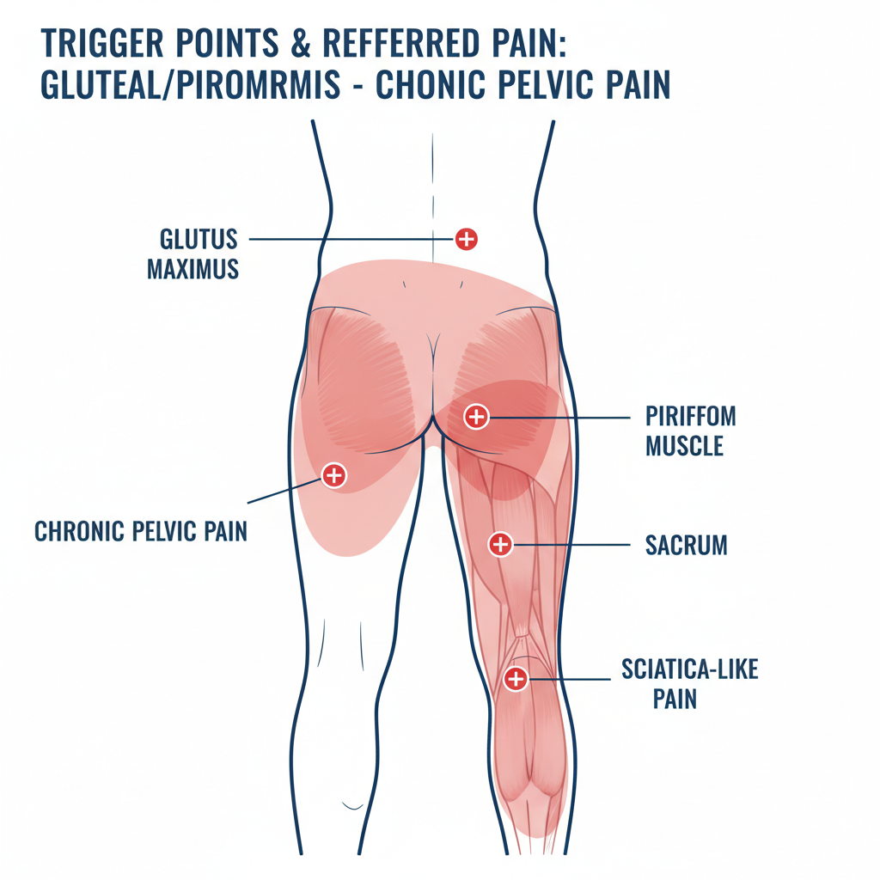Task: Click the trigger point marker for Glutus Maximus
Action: pyautogui.click(x=466, y=239)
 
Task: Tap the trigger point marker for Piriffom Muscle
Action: pyautogui.click(x=475, y=418)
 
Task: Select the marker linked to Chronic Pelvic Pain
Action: pyautogui.click(x=333, y=474)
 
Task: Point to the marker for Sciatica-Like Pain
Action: pyautogui.click(x=515, y=679)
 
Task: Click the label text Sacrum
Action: pyautogui.click(x=686, y=545)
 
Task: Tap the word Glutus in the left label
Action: pyautogui.click(x=198, y=239)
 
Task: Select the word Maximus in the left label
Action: pyautogui.click(x=192, y=269)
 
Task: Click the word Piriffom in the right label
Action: pyautogui.click(x=690, y=418)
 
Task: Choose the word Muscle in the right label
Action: pyautogui.click(x=684, y=447)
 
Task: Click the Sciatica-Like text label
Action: pyautogui.click(x=689, y=669)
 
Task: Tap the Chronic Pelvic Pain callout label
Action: pyautogui.click(x=141, y=531)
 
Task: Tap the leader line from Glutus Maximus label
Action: pyautogui.click(x=352, y=239)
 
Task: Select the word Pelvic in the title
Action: pyautogui.click(x=559, y=86)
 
